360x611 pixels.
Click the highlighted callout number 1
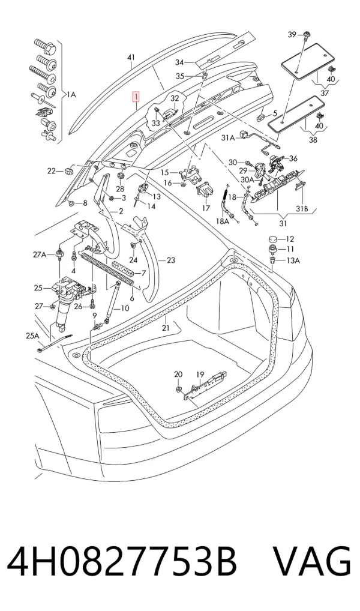pyautogui.click(x=136, y=96)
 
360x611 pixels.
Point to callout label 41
pyautogui.click(x=131, y=58)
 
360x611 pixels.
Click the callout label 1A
pyautogui.click(x=71, y=94)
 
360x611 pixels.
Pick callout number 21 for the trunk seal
pyautogui.click(x=166, y=328)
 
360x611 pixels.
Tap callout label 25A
pyautogui.click(x=33, y=336)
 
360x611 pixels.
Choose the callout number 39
pyautogui.click(x=292, y=35)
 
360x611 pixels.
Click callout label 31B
pyautogui.click(x=302, y=209)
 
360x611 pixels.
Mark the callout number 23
pyautogui.click(x=171, y=260)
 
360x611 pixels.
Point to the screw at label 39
pyautogui.click(x=306, y=35)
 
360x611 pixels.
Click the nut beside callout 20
pyautogui.click(x=177, y=390)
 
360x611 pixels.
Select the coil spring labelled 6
pyautogui.click(x=108, y=269)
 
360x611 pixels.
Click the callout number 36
pyautogui.click(x=293, y=158)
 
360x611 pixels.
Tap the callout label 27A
pyautogui.click(x=40, y=255)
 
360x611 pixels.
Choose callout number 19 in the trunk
pyautogui.click(x=200, y=375)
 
